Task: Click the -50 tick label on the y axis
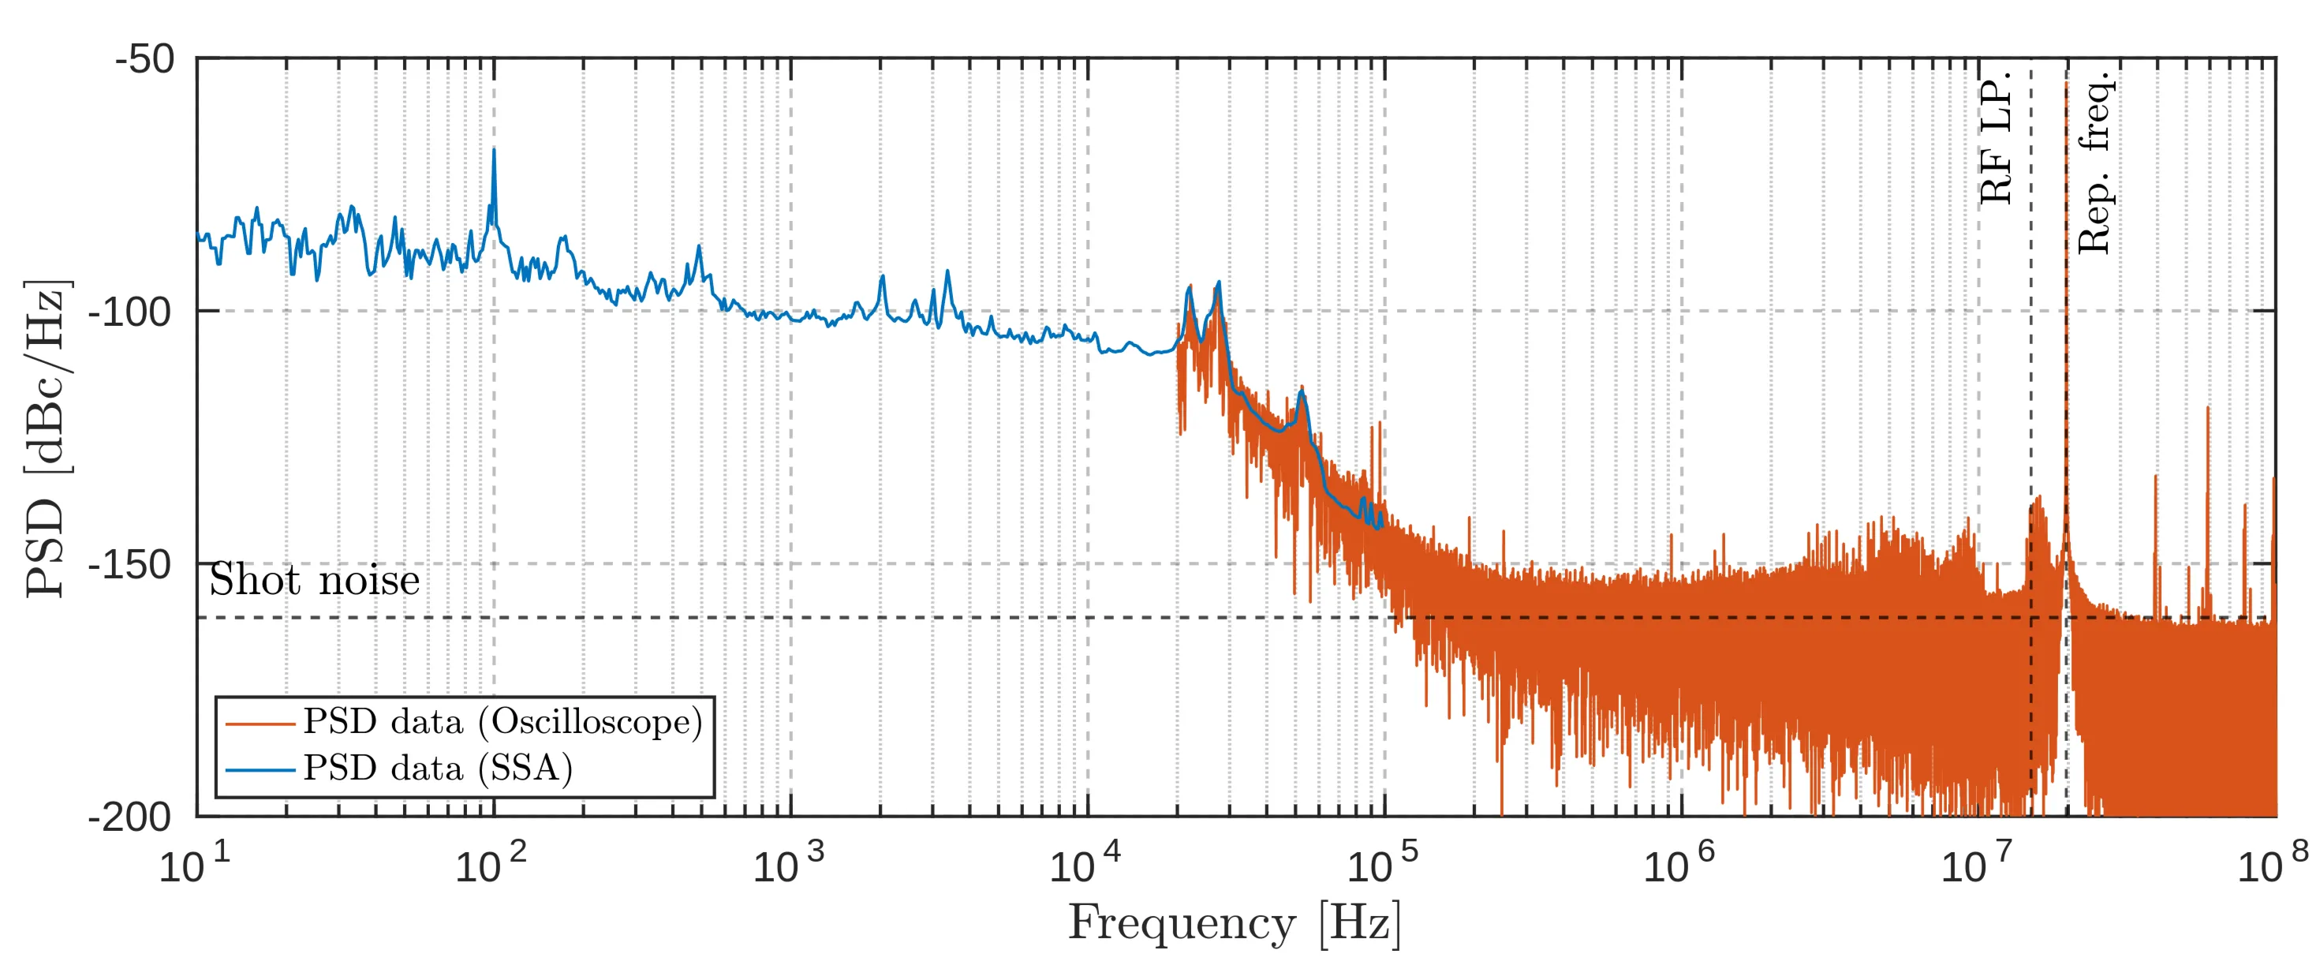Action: tap(144, 59)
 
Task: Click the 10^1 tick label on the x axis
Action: tap(195, 865)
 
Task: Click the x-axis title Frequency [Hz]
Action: tap(1235, 924)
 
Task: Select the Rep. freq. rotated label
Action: tap(2094, 162)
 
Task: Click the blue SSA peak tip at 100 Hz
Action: tap(494, 151)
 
